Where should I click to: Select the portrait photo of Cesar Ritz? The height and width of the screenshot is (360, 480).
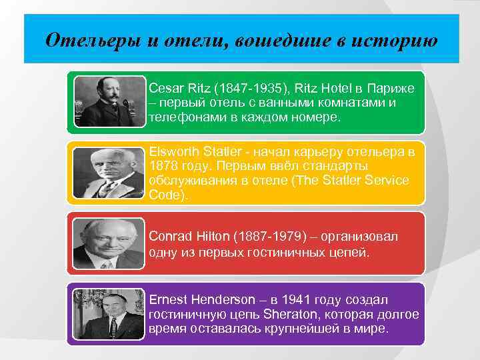coord(109,101)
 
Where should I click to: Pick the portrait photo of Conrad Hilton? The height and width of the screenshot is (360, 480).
coord(109,243)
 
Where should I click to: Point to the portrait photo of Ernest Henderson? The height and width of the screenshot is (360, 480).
coord(109,314)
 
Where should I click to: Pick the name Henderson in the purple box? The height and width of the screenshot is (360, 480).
coord(221,300)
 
